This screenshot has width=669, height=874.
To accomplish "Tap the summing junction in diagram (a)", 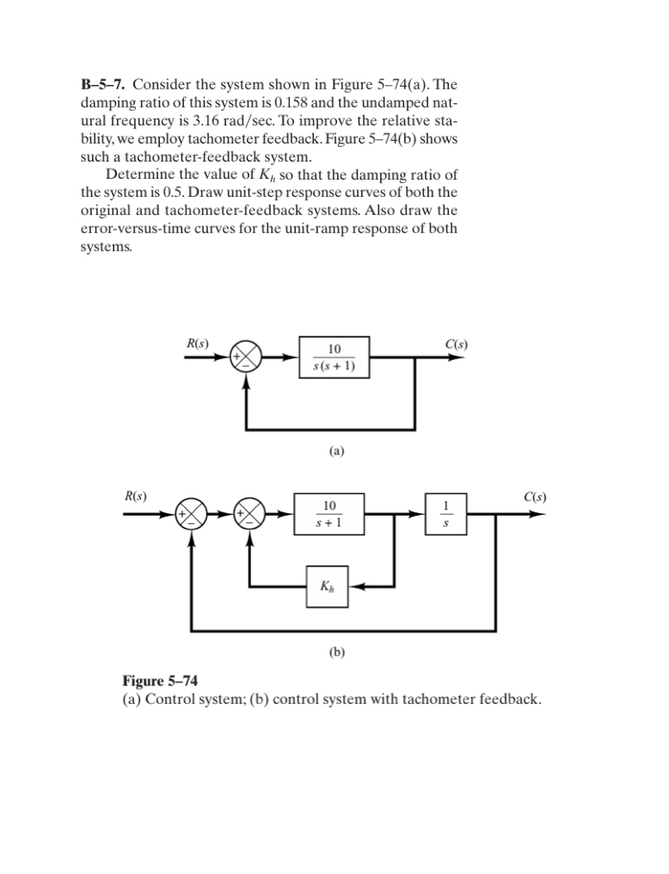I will [x=247, y=362].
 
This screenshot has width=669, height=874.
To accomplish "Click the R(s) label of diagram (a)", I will [x=198, y=344].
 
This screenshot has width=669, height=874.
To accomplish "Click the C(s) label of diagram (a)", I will [x=457, y=344].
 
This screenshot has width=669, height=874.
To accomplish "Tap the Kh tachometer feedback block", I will [x=328, y=588].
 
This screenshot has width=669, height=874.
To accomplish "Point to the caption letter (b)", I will [x=337, y=652].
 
